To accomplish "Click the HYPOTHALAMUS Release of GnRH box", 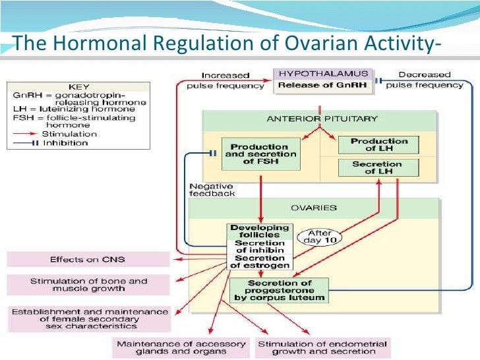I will click(323, 79).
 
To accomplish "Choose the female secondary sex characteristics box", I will click(88, 318).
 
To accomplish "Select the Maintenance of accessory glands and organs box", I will click(181, 347).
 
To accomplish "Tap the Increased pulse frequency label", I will click(225, 80).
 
